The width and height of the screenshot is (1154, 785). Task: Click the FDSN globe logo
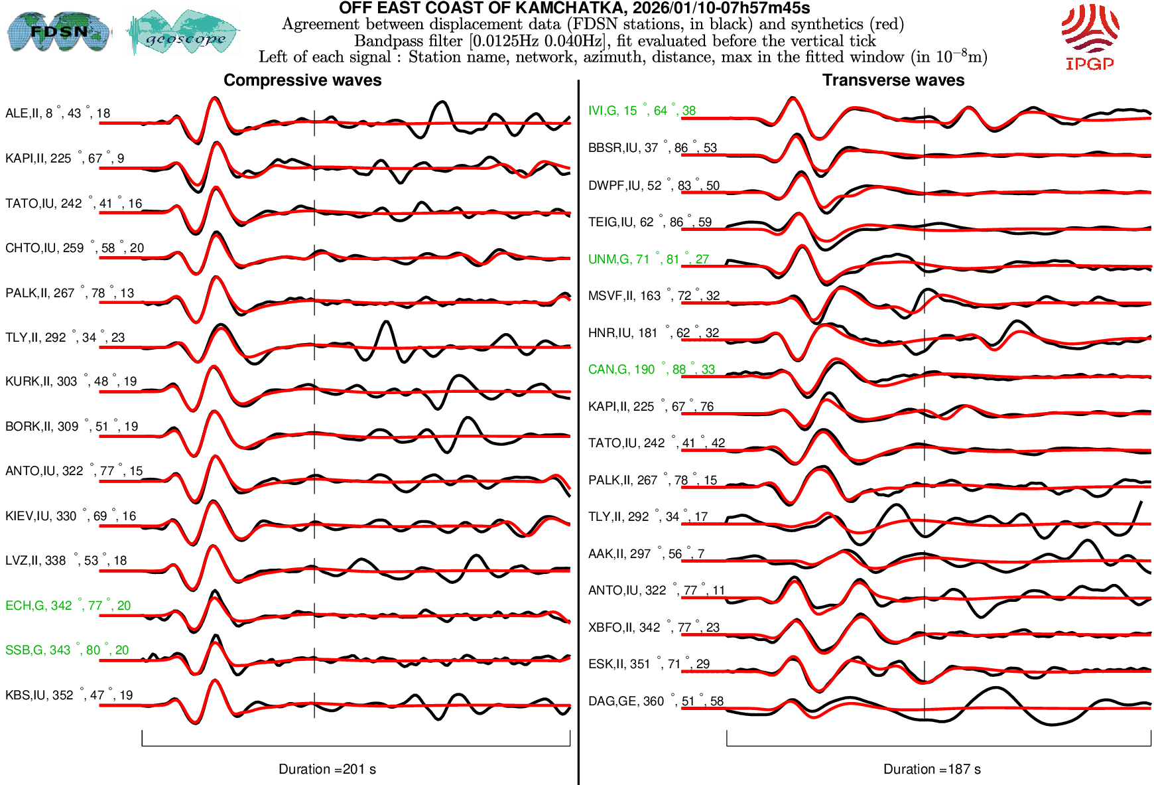58,31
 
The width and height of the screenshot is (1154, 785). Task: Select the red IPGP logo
1090,36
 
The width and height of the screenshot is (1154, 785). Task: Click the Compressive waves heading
302,80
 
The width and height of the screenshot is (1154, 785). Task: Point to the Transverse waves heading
893,80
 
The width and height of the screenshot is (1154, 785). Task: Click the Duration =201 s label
327,769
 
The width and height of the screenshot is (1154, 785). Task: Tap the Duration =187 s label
932,769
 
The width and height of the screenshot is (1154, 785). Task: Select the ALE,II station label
58,113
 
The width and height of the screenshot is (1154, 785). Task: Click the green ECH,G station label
68,606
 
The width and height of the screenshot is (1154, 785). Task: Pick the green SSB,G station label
67,650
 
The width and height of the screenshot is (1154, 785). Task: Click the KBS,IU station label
69,695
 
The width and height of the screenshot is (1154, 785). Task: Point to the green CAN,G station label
651,370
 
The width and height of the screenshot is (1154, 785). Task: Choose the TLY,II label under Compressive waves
65,338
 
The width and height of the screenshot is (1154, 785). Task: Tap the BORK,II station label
72,427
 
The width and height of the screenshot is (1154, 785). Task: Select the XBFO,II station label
653,628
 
